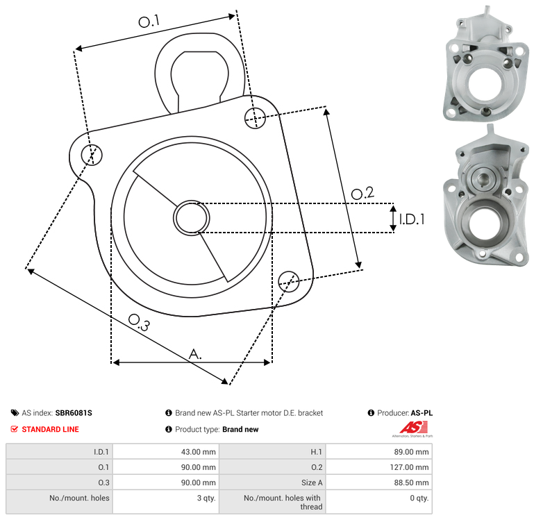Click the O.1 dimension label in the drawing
(x=149, y=21)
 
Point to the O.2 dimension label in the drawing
(x=362, y=193)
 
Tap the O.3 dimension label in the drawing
(x=139, y=322)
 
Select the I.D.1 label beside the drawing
(x=412, y=219)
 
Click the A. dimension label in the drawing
(x=195, y=354)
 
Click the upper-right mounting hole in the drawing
(x=255, y=118)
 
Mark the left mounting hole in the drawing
(x=92, y=155)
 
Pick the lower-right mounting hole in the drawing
(x=289, y=281)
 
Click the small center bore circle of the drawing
(x=192, y=217)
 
